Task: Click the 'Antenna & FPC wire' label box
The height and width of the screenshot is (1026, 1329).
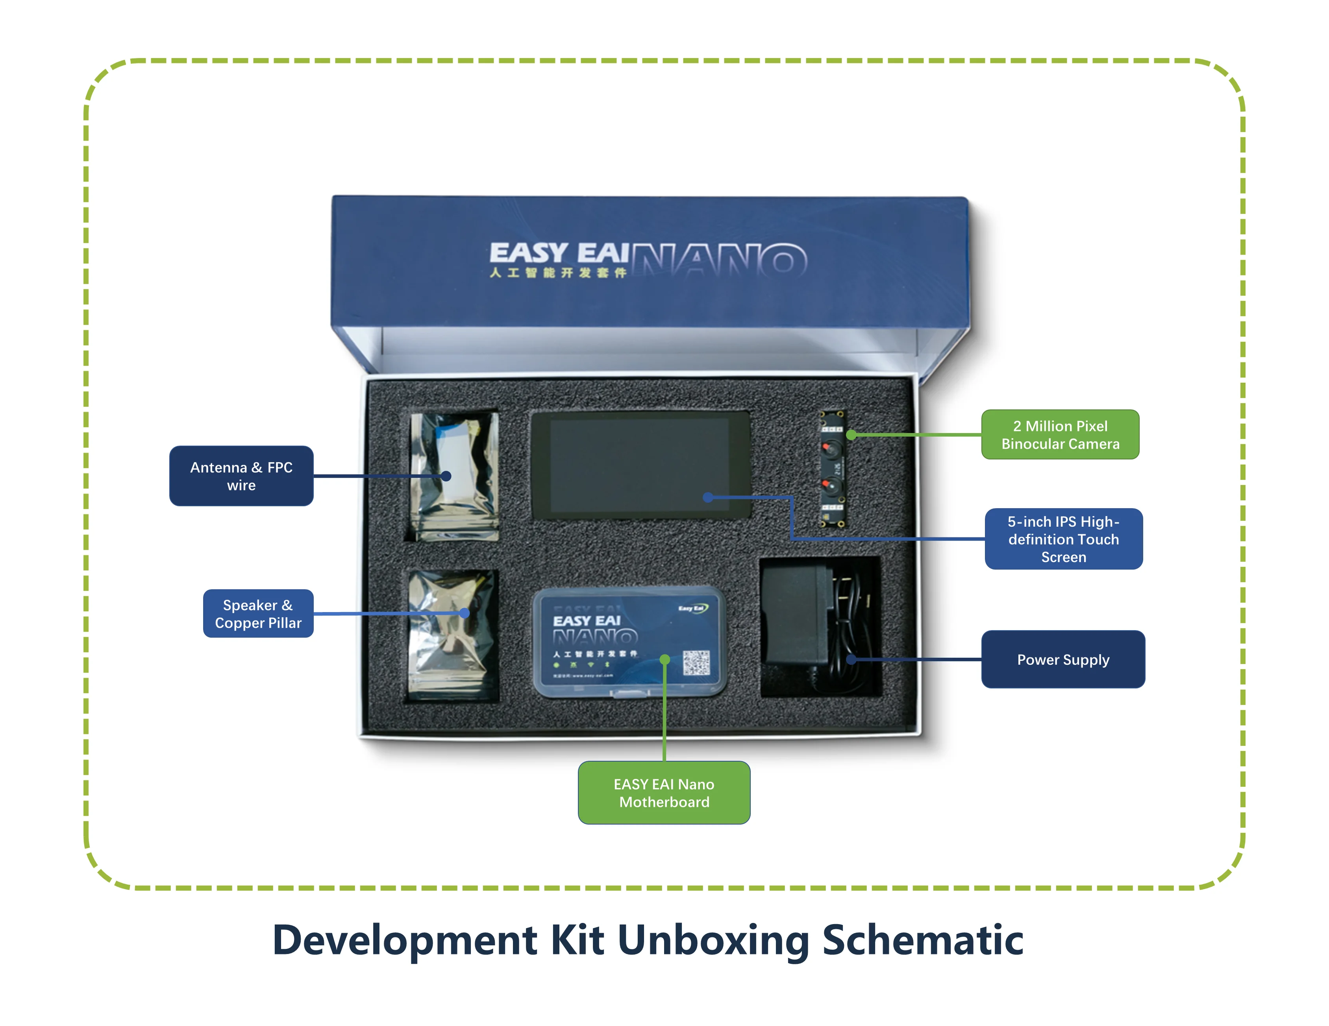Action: [241, 476]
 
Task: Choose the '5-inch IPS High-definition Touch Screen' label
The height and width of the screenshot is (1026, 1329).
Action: [1063, 539]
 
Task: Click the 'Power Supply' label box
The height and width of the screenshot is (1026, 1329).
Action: [1062, 659]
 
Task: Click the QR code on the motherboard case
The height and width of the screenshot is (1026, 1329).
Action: [696, 662]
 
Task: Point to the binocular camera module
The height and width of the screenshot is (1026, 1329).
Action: [831, 468]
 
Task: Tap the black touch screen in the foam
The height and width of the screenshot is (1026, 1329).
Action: [640, 465]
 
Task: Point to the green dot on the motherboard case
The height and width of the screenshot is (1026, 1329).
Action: [664, 659]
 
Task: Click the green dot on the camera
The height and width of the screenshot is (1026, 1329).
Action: [851, 435]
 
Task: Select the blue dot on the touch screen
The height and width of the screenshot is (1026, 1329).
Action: [708, 498]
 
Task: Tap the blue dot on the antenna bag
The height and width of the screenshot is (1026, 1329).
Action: [446, 476]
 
